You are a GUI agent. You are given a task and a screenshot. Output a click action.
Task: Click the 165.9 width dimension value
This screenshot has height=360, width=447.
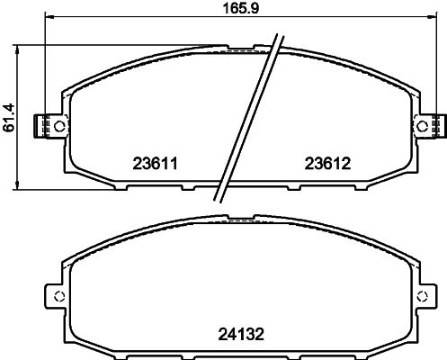coord(241,8)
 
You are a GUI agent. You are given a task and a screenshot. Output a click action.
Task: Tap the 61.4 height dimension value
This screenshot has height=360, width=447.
coord(9,117)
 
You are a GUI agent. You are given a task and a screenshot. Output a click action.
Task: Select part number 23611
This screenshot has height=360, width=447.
coord(156,164)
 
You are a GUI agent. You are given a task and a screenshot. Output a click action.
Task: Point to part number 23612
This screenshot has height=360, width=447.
coord(327,164)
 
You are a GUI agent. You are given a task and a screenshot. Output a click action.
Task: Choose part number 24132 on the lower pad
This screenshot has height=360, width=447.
coord(241,334)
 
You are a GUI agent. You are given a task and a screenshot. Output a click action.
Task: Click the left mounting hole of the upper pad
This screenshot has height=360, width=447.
coord(60,126)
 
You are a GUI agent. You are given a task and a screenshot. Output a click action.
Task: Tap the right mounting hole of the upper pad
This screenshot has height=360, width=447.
coord(423,126)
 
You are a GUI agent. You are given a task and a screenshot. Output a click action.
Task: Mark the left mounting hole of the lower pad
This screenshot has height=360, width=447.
coord(59,296)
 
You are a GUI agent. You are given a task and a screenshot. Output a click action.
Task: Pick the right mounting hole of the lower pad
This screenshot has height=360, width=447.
coord(423,296)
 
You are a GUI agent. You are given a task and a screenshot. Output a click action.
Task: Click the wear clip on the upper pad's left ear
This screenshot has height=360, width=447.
coord(41,126)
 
